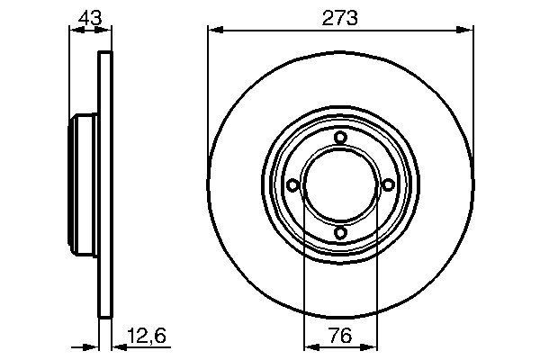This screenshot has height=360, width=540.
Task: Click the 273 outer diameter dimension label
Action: [x=339, y=16]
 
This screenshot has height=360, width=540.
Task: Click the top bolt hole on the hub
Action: [x=340, y=137]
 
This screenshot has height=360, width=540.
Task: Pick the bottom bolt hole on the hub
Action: [x=340, y=233]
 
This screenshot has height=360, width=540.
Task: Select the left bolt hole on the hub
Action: [x=292, y=185]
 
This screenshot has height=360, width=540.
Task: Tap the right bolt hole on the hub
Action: [x=388, y=185]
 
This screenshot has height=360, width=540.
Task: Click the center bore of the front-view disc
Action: [x=340, y=185]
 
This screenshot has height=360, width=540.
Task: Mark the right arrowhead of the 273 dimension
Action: [x=468, y=30]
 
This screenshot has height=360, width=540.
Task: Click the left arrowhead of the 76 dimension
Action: [x=309, y=346]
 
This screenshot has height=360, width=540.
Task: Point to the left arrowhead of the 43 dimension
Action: [x=75, y=30]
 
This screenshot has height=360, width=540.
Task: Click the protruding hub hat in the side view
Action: [x=83, y=184]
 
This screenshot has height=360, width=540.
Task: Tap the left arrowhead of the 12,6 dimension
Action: [x=93, y=346]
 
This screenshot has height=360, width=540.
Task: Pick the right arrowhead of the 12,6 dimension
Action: [x=115, y=346]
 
